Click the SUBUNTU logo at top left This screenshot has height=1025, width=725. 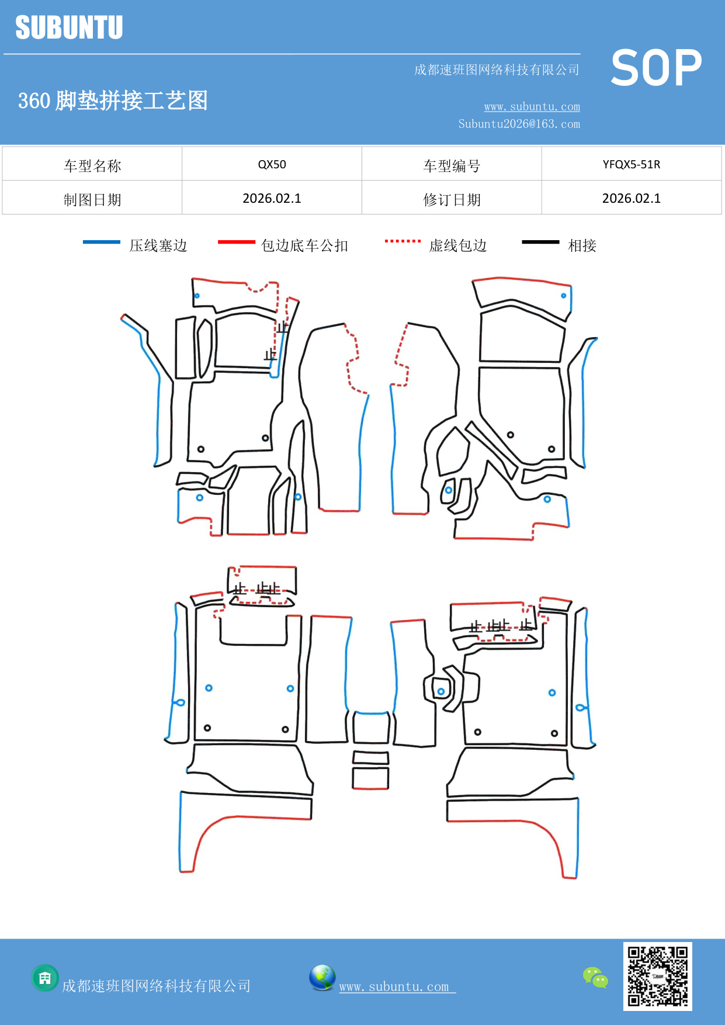[x=69, y=27]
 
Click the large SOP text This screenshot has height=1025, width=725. [x=656, y=68]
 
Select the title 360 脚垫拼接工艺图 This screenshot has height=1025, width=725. [x=113, y=101]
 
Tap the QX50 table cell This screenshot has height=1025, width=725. [x=272, y=164]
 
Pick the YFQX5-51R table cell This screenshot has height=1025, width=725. [x=631, y=164]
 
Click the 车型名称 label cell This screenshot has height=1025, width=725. [x=92, y=166]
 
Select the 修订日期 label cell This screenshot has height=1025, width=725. [x=452, y=200]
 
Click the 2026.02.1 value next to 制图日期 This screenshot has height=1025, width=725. [x=272, y=199]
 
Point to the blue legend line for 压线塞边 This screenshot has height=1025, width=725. [x=102, y=242]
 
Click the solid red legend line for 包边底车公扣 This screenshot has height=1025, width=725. [x=236, y=242]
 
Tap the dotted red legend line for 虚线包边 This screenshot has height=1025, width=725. [x=403, y=241]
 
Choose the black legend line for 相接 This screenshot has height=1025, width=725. [x=540, y=242]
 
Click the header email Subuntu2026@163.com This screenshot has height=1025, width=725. [x=519, y=124]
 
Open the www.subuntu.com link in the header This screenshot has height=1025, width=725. [x=532, y=107]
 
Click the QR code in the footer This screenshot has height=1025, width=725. [x=657, y=976]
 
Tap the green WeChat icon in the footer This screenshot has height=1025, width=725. [x=595, y=977]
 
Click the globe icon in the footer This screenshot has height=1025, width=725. [x=322, y=977]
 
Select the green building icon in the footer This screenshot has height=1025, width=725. [x=45, y=978]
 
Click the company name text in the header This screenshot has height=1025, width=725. [x=497, y=70]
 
